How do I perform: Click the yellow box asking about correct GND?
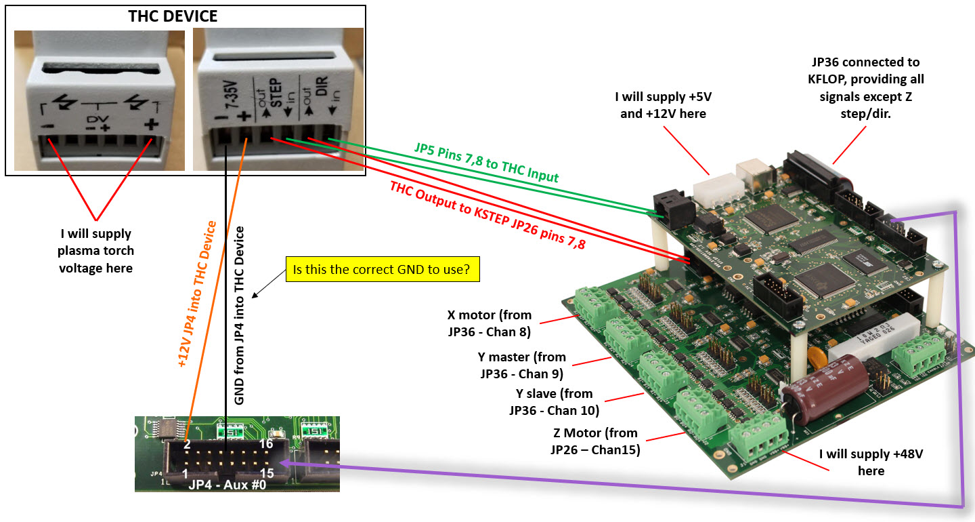pyautogui.click(x=383, y=269)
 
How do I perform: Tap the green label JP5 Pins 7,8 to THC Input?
pyautogui.click(x=486, y=163)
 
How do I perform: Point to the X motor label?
pyautogui.click(x=489, y=323)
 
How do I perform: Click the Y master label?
pyautogui.click(x=521, y=365)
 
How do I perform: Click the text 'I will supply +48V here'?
pyautogui.click(x=871, y=462)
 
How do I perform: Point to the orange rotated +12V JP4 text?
pyautogui.click(x=196, y=294)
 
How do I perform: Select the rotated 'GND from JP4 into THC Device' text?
pyautogui.click(x=238, y=316)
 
